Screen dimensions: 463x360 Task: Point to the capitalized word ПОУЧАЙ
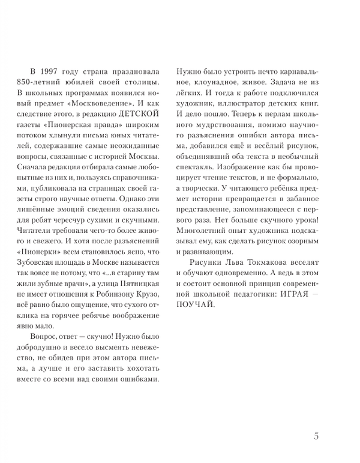click(194, 302)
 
